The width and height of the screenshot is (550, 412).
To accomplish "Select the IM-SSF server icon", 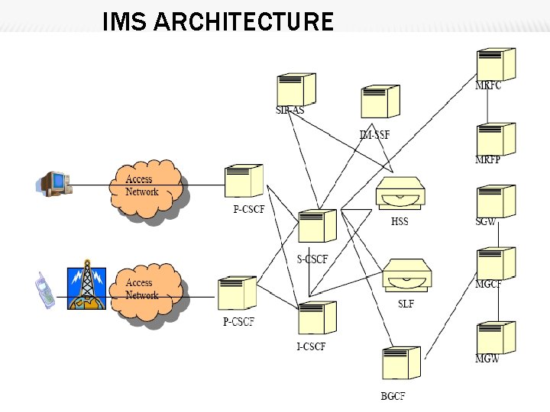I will (380, 101).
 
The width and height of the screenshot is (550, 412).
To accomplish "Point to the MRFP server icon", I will (495, 138).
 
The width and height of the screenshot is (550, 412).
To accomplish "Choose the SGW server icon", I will (495, 201).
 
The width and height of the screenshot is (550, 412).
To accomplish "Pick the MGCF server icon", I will (495, 263).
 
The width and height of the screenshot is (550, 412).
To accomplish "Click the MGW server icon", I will (495, 337).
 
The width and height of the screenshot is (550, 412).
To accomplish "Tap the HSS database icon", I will (400, 194).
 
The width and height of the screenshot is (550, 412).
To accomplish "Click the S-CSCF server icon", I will (317, 227).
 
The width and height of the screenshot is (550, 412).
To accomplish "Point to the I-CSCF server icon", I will (317, 318).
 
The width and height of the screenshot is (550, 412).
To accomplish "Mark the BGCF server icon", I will (400, 363).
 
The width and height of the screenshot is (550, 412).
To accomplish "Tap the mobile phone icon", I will (45, 291).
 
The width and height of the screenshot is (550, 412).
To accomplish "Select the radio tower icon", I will (86, 287).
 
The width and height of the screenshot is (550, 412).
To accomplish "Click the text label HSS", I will (400, 222).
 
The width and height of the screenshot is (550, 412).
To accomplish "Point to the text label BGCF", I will (393, 396).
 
